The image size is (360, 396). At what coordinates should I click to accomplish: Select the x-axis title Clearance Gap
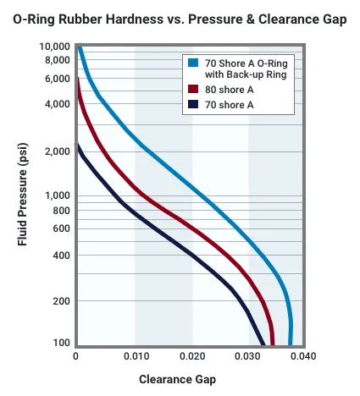[177, 379]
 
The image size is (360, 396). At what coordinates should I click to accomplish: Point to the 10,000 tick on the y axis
[56, 47]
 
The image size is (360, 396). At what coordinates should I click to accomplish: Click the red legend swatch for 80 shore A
[194, 88]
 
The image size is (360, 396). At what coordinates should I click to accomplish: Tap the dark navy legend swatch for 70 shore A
[194, 105]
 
